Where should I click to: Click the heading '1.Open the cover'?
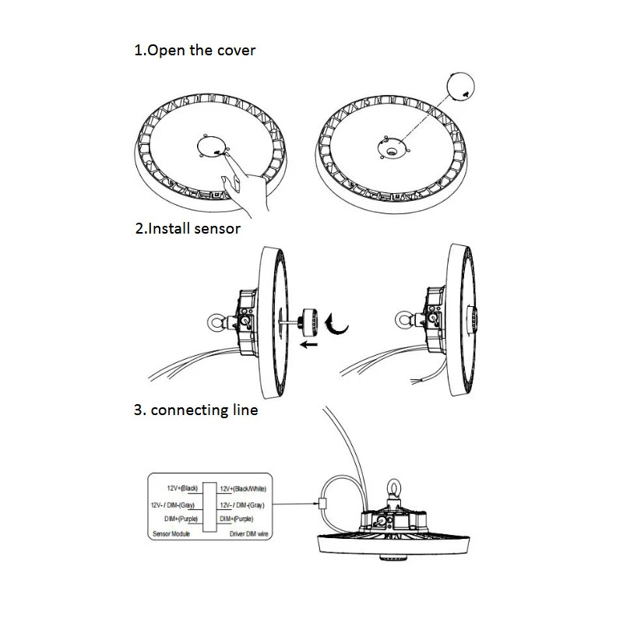click(195, 51)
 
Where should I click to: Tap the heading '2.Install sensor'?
click(188, 229)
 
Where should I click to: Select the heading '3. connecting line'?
click(196, 410)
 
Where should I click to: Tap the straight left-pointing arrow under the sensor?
click(312, 342)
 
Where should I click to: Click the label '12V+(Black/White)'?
click(243, 488)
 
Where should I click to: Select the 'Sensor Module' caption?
click(170, 536)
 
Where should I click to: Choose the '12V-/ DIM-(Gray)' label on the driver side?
click(243, 505)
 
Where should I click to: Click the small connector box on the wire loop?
click(323, 504)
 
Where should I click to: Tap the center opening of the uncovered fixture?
click(389, 145)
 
